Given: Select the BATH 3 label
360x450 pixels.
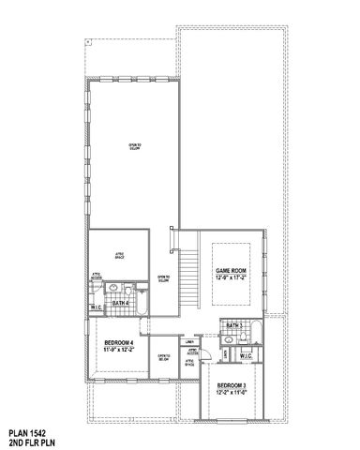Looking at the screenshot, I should (234, 325).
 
